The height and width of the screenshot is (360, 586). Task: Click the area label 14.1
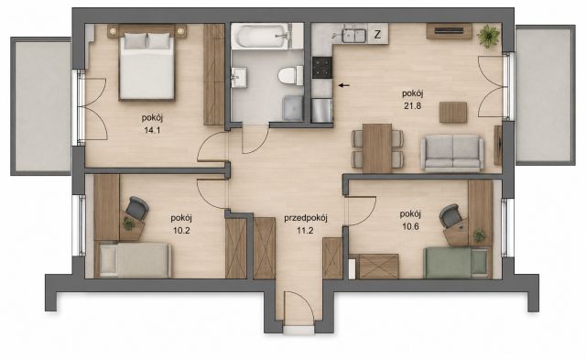[152, 130]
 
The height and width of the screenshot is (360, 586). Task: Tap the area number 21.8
[413, 105]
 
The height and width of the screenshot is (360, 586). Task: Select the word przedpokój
[306, 218]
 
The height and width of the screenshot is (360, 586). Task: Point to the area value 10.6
[410, 226]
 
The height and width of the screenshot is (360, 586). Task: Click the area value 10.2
[181, 230]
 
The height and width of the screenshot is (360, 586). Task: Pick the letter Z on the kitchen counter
[378, 35]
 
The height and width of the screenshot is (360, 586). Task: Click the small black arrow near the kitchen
[344, 85]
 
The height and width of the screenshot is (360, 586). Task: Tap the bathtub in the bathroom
[262, 36]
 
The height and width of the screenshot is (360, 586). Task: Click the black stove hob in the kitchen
[322, 67]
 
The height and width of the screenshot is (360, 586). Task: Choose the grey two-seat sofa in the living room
[452, 153]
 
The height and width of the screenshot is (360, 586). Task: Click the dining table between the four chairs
[377, 148]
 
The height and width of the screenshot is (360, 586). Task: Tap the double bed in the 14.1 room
[146, 62]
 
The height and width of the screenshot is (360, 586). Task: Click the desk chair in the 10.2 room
[137, 208]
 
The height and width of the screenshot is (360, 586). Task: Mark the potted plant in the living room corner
[488, 37]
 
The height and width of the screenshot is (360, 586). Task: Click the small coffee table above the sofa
[453, 112]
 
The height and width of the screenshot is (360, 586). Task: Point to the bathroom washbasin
[238, 77]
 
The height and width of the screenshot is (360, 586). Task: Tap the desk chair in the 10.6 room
[450, 215]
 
